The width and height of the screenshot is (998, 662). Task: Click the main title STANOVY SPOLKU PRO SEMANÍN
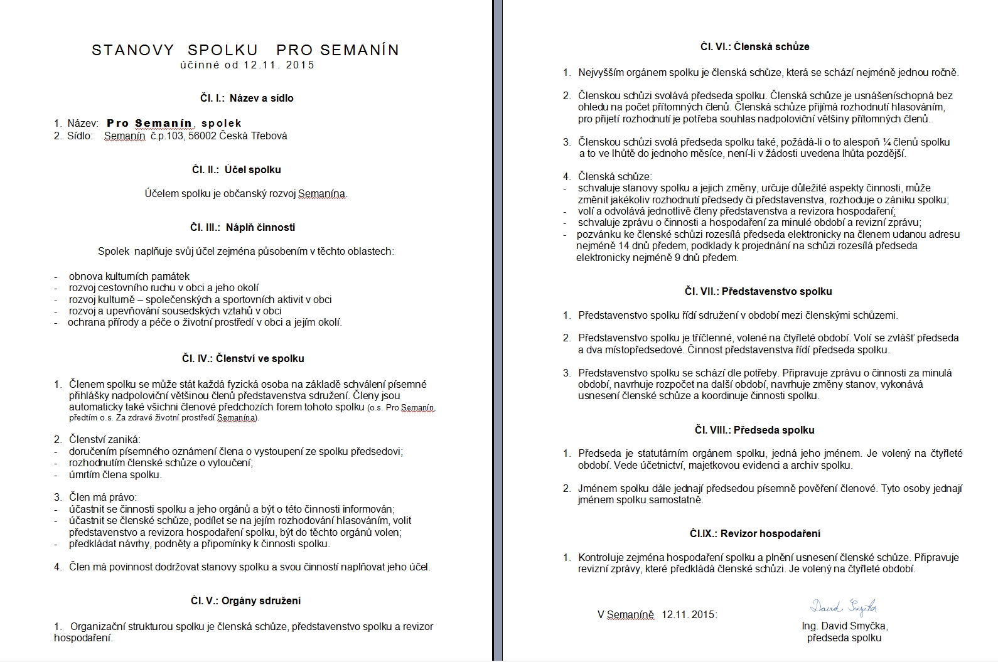point(245,50)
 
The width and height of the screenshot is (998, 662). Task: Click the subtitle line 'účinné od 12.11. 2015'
point(247,65)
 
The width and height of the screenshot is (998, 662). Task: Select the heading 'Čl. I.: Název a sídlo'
point(242,98)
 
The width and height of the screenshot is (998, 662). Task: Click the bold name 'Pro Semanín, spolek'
point(174,123)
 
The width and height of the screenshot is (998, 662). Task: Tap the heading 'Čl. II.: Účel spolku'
point(236,169)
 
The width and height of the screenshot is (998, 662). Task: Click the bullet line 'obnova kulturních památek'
point(129,276)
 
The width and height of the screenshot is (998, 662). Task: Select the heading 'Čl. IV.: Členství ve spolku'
point(243,358)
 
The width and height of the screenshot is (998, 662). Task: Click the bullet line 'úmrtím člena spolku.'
point(115,474)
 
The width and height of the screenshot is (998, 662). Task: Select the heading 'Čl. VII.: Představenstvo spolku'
point(758,291)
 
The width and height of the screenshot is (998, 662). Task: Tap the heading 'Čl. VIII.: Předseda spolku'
point(754,430)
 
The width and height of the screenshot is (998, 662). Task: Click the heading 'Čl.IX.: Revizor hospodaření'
point(754,533)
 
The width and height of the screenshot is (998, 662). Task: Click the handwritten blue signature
point(843,606)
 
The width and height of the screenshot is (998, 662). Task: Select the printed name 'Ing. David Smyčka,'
point(844,626)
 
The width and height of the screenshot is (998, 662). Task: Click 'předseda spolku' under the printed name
point(844,638)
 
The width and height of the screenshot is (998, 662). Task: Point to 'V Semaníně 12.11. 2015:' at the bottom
point(657,614)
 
